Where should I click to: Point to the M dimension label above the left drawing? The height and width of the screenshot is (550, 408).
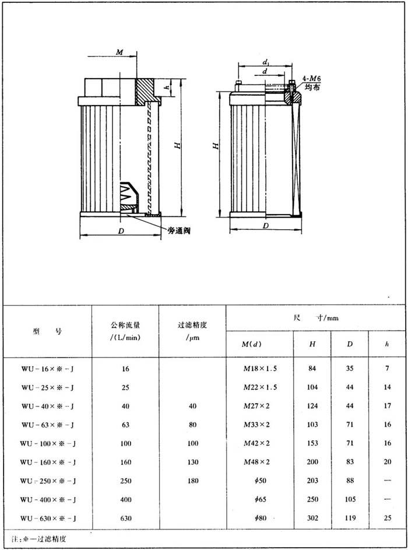point(119,52)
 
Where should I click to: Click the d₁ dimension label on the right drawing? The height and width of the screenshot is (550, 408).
point(265,62)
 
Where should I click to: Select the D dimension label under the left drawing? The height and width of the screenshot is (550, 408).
point(121,232)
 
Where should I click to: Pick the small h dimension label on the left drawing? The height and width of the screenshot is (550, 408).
point(166,87)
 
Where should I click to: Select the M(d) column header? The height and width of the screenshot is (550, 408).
point(252,344)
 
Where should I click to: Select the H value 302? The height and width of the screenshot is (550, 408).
point(312,518)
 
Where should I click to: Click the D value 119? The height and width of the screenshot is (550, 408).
point(350,518)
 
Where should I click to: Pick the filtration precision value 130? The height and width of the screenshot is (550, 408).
point(192,463)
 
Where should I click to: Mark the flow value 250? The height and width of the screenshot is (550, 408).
point(125,481)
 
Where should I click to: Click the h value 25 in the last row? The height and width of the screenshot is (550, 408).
point(388,518)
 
